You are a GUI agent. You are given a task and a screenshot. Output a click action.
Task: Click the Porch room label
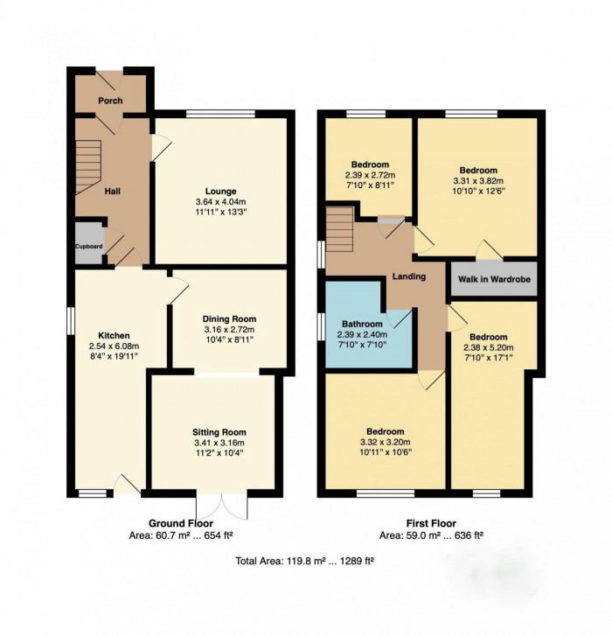click(x=110, y=101)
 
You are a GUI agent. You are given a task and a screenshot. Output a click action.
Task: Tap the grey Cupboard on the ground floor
click(x=89, y=242)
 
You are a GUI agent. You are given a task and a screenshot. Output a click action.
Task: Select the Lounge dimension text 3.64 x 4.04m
click(x=220, y=201)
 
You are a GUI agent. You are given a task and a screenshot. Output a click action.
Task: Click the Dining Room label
click(x=229, y=318)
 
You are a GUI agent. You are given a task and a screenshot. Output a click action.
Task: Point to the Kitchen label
click(x=114, y=335)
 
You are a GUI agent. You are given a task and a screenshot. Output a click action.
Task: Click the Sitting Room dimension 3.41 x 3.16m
click(x=219, y=443)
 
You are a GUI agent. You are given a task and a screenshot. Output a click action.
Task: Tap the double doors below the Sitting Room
click(x=222, y=505)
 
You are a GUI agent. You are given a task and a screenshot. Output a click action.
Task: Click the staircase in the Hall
click(x=88, y=167)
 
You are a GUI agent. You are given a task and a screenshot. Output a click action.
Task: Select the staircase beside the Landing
click(x=339, y=229)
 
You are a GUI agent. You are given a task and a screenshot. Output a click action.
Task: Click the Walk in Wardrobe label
click(x=494, y=279)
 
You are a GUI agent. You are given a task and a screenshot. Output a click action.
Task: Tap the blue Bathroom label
click(x=362, y=324)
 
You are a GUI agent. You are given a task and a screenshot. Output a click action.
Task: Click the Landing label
click(x=409, y=276)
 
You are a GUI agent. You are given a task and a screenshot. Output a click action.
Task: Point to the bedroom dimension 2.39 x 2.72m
click(x=370, y=175)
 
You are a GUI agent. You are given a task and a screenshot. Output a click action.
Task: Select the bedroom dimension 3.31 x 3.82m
click(x=478, y=181)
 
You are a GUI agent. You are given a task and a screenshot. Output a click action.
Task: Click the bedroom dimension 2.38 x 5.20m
click(x=489, y=347)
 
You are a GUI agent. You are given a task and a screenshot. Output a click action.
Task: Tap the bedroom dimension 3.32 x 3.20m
click(x=385, y=442)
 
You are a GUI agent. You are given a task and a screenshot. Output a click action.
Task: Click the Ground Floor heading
click(x=181, y=523)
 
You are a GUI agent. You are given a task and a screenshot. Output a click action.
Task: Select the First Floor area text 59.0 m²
click(x=421, y=535)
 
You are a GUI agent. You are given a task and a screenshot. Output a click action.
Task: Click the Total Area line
click(x=304, y=561)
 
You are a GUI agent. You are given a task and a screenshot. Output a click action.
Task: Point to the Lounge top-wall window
click(x=221, y=114)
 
